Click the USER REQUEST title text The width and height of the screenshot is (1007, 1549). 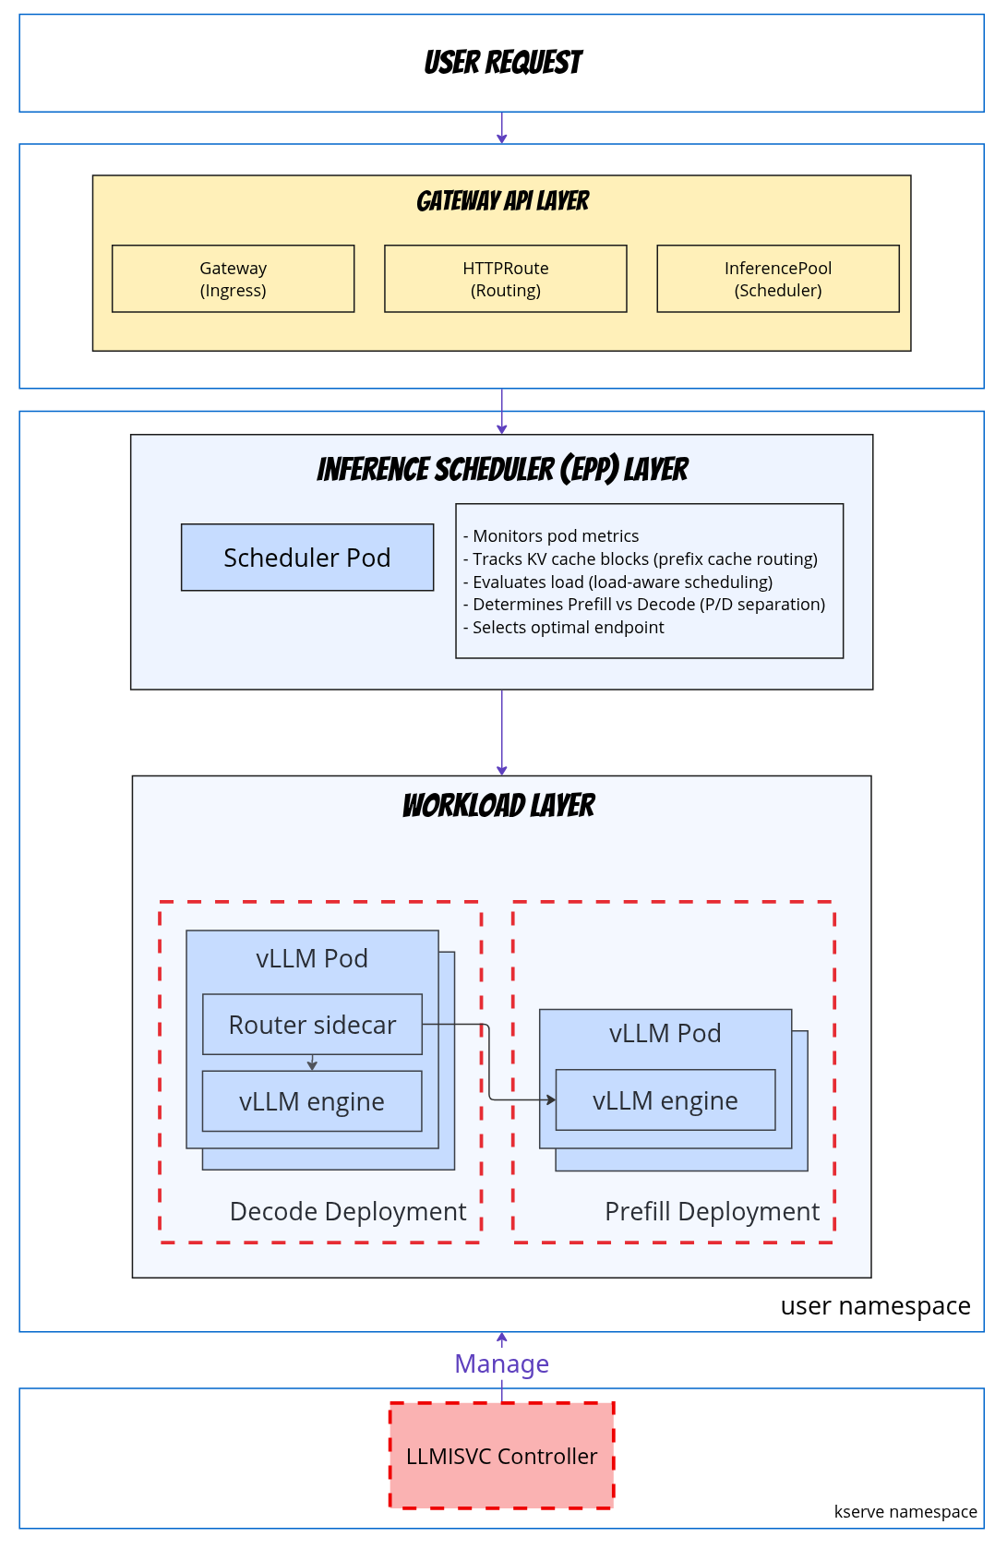tap(502, 63)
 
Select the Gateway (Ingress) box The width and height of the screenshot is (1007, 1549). tap(233, 279)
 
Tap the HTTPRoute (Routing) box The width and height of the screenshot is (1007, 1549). tap(505, 279)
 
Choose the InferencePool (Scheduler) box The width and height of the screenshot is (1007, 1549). tap(777, 279)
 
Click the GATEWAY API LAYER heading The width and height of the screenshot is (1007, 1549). tap(502, 201)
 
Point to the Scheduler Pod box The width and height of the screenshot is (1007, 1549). tap(306, 558)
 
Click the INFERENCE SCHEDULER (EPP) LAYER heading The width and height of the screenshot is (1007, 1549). tap(502, 470)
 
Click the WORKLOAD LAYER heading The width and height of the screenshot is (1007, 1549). tap(498, 806)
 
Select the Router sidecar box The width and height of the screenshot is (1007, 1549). tap(312, 1025)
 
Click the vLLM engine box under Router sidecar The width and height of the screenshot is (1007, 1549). tap(312, 1101)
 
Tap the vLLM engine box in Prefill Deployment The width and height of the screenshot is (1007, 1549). tap(665, 1100)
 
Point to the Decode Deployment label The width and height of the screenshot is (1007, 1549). tap(348, 1211)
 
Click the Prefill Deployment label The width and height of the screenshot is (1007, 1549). tap(712, 1211)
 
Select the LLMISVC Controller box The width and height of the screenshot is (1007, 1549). tap(501, 1456)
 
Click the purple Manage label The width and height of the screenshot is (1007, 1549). tap(501, 1363)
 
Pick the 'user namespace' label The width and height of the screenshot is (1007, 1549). tap(875, 1306)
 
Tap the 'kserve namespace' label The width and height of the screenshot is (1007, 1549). tap(905, 1511)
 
